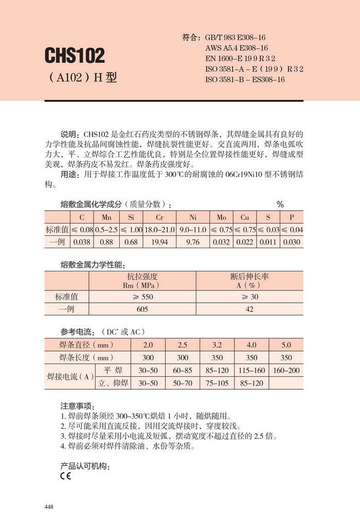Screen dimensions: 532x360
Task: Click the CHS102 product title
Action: tap(74, 55)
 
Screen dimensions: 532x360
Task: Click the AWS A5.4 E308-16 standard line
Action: tap(236, 48)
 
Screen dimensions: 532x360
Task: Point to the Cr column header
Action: tap(160, 217)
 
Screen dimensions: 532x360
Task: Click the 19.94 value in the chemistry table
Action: tap(160, 242)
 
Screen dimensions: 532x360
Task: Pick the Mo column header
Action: tap(221, 217)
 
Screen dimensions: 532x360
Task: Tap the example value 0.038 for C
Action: tap(82, 242)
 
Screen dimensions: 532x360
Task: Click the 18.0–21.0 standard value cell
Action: tap(160, 229)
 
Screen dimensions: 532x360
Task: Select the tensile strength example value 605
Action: tap(142, 309)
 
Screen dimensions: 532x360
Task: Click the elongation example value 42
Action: tap(249, 309)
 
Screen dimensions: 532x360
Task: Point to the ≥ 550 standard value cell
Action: tap(142, 297)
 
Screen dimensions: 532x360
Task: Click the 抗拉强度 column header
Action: tap(142, 276)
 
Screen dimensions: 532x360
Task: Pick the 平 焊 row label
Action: tap(113, 370)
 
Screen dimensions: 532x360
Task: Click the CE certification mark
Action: tap(65, 476)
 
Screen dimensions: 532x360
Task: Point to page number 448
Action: tap(49, 507)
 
